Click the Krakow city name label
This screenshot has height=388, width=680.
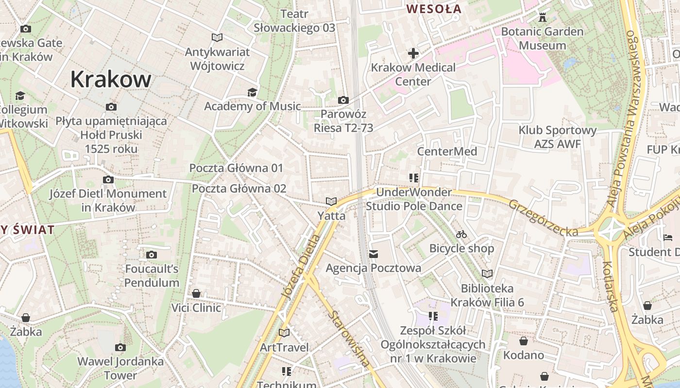[111, 79]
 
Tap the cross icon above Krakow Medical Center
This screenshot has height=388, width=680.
[413, 53]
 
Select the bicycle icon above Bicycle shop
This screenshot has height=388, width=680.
[461, 235]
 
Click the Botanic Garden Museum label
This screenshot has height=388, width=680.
[542, 39]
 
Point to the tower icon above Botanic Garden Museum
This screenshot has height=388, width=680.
[543, 17]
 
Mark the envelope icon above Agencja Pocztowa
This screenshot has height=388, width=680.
[374, 254]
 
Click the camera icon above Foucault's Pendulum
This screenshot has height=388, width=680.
[152, 255]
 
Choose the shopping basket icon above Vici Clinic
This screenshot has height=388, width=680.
[196, 293]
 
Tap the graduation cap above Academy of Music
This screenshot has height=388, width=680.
[252, 92]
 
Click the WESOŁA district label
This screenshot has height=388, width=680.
[434, 9]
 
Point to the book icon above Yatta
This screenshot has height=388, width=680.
[331, 201]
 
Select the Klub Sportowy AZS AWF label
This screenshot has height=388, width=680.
[557, 137]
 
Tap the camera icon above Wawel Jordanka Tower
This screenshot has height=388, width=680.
[120, 347]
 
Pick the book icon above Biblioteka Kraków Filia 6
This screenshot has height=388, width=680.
[487, 274]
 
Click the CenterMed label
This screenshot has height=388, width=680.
[447, 151]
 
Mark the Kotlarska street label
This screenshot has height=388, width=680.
[611, 286]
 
